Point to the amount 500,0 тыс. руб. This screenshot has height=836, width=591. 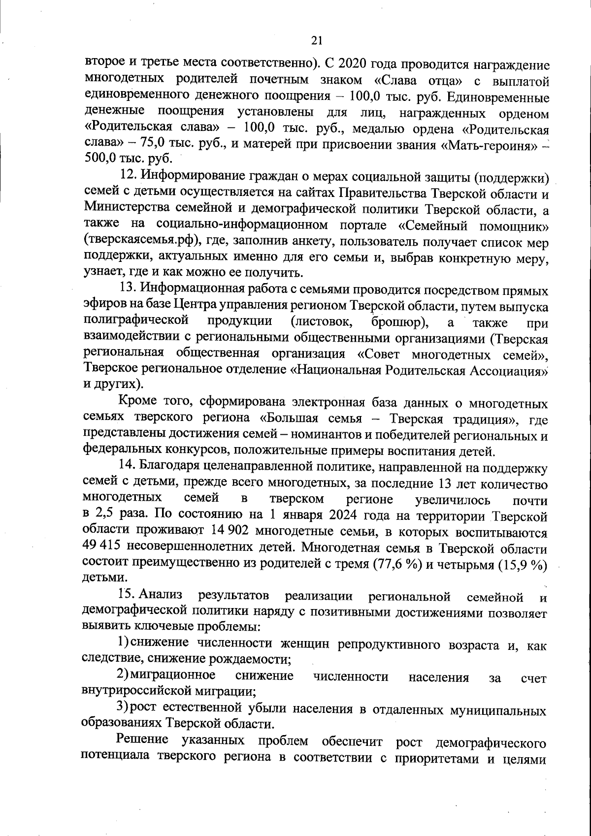(129, 160)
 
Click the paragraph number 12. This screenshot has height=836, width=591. (129, 176)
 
